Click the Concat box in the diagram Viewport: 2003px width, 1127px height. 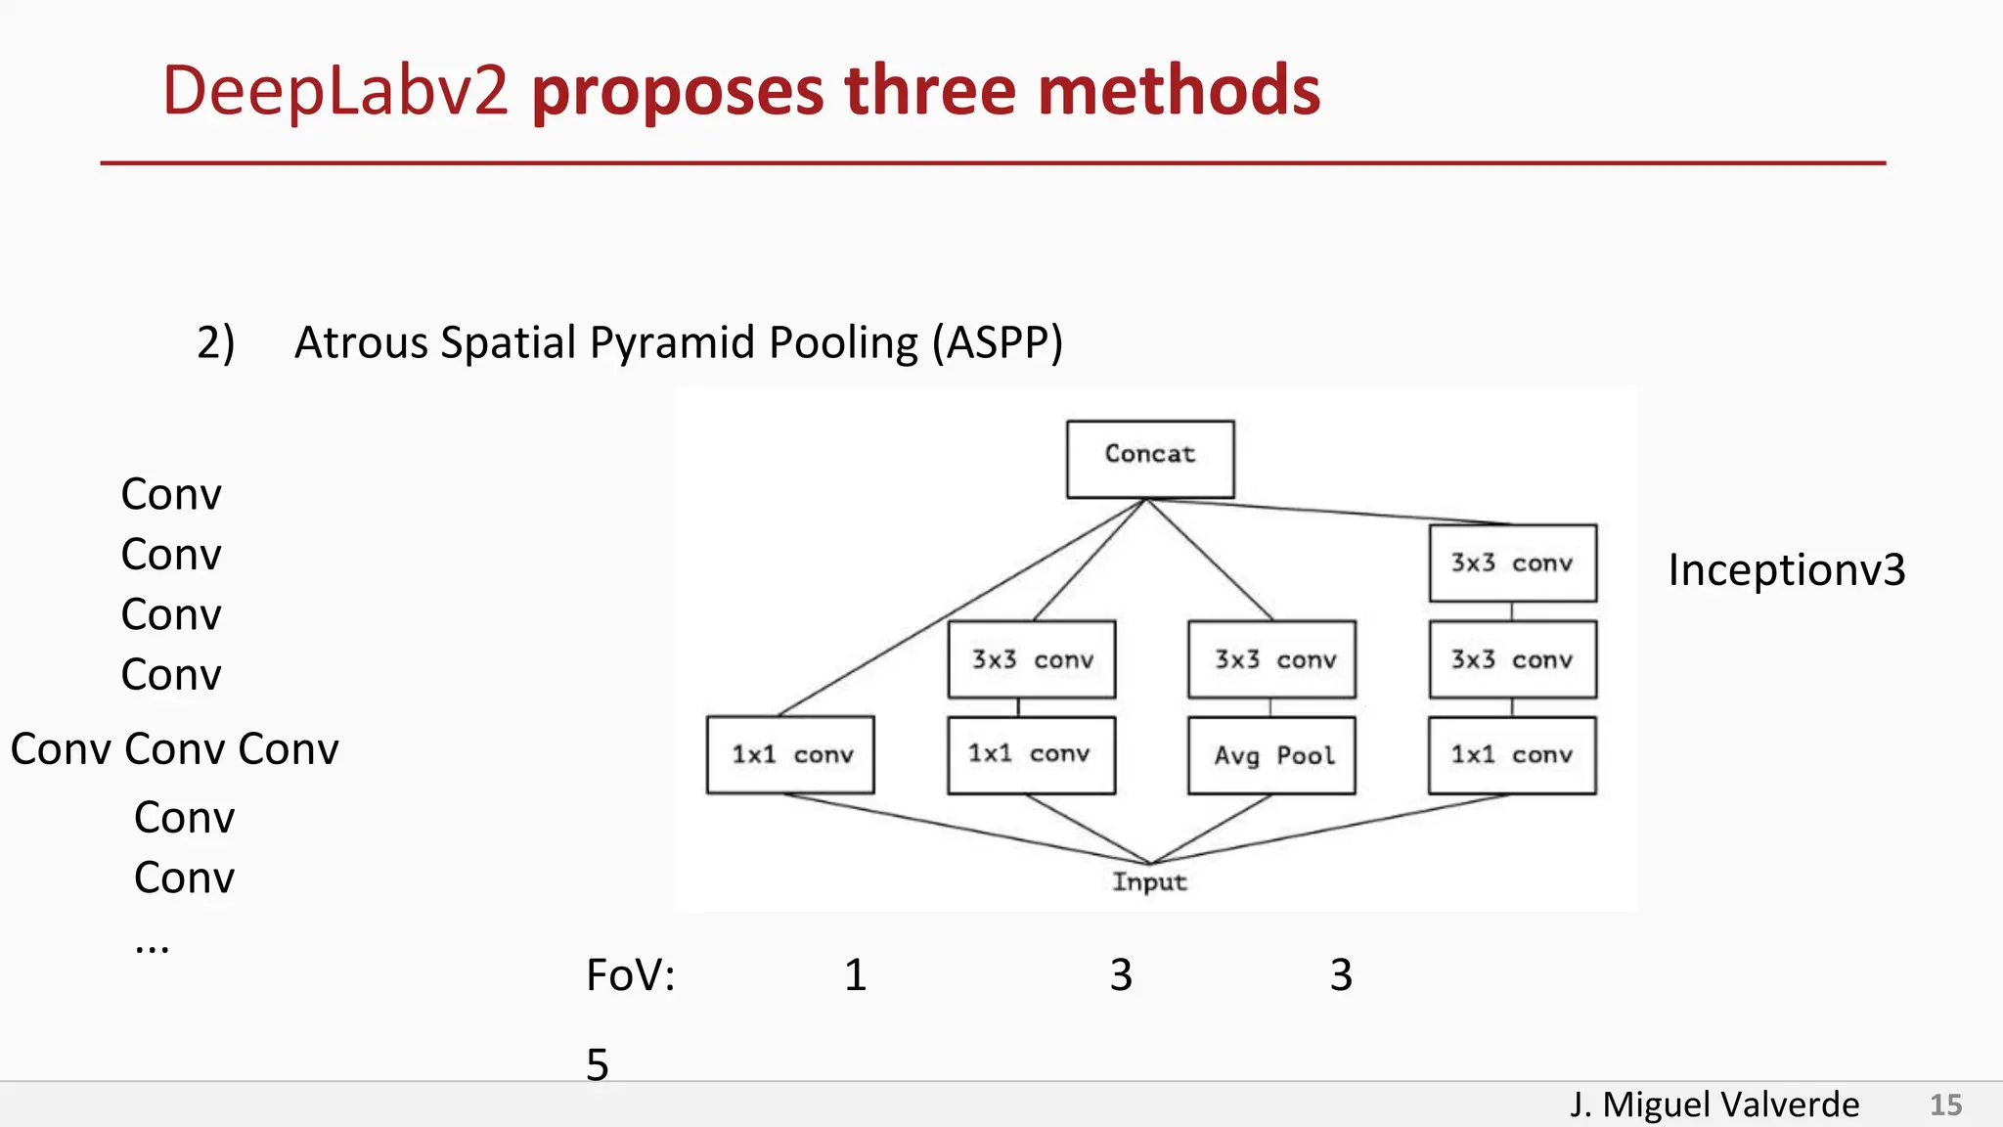[x=1150, y=459]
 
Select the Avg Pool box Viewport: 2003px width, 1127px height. [x=1271, y=755]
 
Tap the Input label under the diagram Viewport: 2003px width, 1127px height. [x=1149, y=881]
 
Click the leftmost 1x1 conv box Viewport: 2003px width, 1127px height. [x=790, y=755]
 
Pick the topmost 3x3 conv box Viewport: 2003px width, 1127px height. [x=1512, y=563]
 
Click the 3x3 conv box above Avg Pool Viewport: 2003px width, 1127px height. [x=1271, y=659]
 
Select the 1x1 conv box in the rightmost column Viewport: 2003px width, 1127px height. [x=1512, y=755]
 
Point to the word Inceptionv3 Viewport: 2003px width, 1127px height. [x=1786, y=569]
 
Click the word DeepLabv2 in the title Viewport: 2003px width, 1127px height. [x=334, y=90]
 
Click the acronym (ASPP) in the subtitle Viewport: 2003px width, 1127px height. [x=997, y=342]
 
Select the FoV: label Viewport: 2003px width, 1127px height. [x=630, y=975]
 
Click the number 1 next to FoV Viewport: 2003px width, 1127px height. [x=856, y=975]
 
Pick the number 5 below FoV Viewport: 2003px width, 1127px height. [x=598, y=1064]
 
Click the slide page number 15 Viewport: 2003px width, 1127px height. [x=1945, y=1104]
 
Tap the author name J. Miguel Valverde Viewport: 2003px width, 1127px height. [x=1714, y=1104]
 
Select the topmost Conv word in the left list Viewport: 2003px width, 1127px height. [x=171, y=494]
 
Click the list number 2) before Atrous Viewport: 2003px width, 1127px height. [x=215, y=342]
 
